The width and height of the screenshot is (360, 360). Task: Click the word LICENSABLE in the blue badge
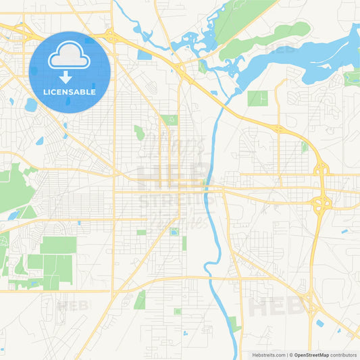[x=70, y=91]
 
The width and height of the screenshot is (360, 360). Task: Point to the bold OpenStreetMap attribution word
[x=315, y=355]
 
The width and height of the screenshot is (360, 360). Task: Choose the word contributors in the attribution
[x=343, y=355]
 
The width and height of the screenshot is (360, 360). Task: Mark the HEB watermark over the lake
[x=280, y=49]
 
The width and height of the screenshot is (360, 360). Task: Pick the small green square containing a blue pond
[x=174, y=232]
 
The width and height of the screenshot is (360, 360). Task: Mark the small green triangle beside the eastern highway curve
[x=305, y=147]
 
